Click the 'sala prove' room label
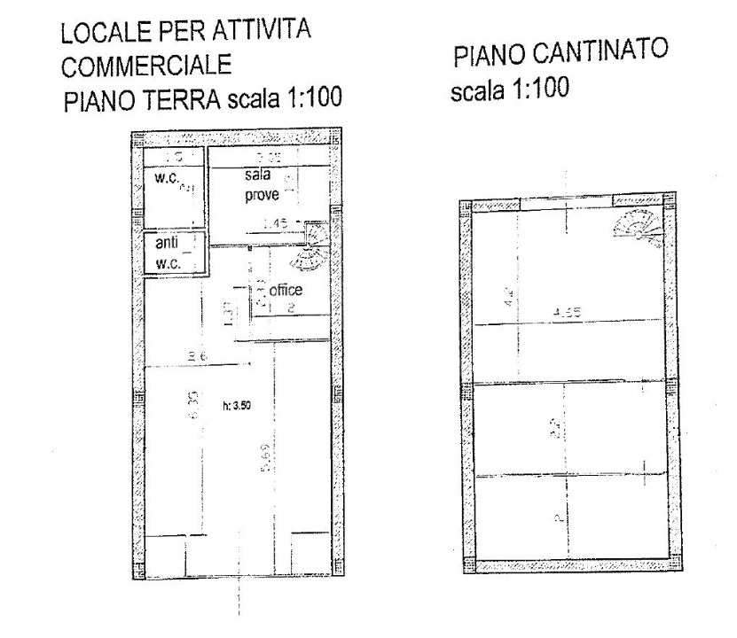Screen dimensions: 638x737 [262, 184]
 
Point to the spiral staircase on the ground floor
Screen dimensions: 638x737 [313, 247]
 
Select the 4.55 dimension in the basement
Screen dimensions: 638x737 [565, 312]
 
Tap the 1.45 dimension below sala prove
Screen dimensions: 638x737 [275, 225]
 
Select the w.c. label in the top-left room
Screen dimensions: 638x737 [168, 179]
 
